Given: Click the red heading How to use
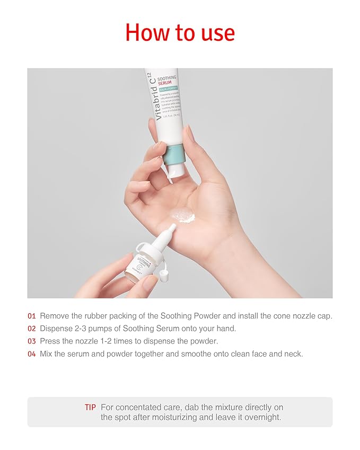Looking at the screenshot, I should click(180, 33).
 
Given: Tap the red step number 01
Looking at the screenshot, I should click(32, 316).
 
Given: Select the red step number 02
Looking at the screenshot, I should click(32, 329).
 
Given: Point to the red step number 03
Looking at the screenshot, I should click(32, 341).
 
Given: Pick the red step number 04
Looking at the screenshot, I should click(32, 354).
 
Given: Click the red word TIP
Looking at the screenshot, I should click(90, 408).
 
